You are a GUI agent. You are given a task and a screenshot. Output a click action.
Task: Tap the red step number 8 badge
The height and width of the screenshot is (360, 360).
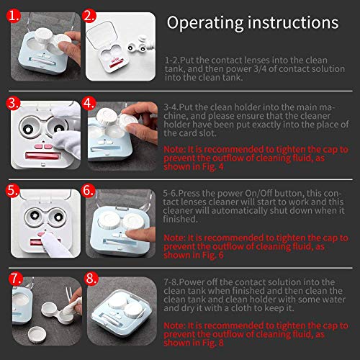pos(89,279)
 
